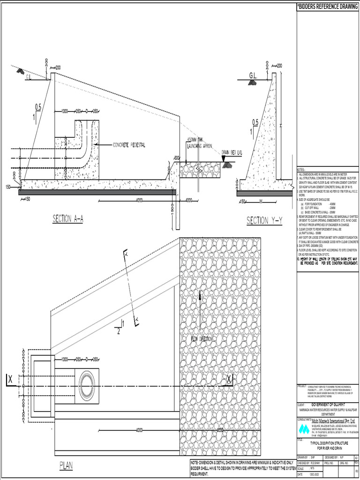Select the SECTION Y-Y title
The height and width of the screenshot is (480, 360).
pyautogui.click(x=264, y=221)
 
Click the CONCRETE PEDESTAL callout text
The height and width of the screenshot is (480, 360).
pyautogui.click(x=129, y=145)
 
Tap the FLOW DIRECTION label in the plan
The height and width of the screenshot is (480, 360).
pyautogui.click(x=202, y=338)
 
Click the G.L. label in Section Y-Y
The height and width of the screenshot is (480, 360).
pyautogui.click(x=253, y=75)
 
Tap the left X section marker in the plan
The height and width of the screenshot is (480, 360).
pyautogui.click(x=9, y=379)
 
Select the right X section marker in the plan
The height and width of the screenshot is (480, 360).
pyautogui.click(x=229, y=378)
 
